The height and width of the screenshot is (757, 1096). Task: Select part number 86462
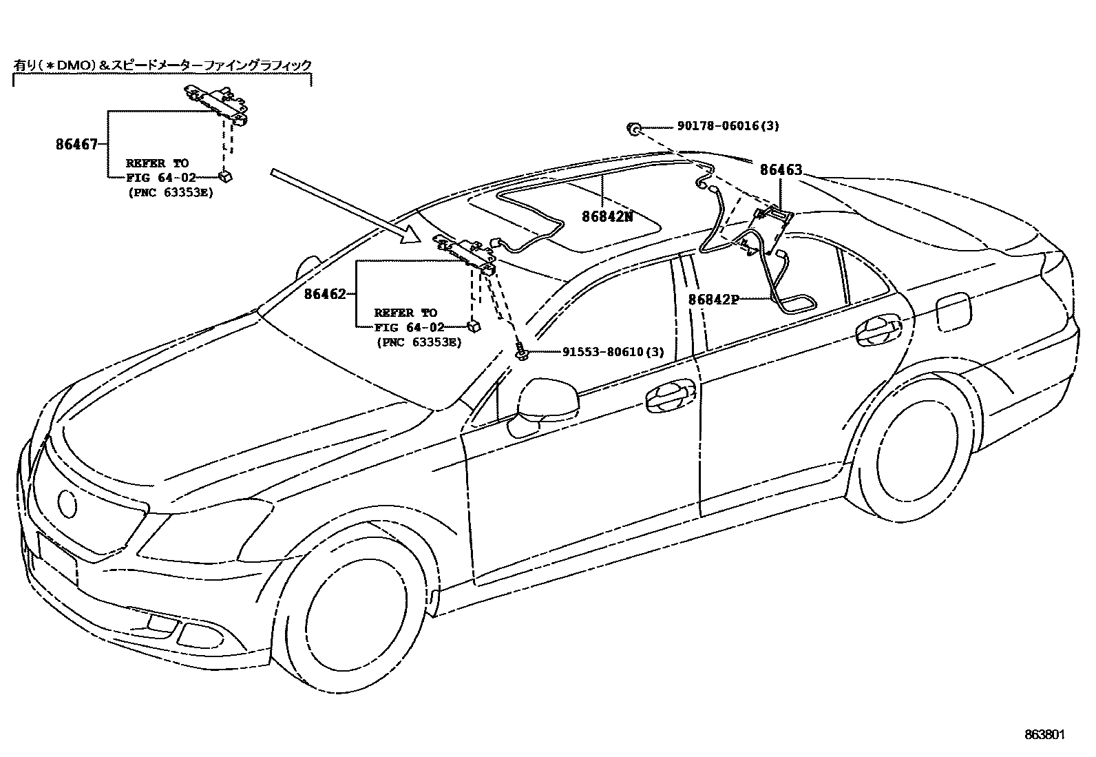coord(325,294)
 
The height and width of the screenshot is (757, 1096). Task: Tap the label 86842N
coord(607,216)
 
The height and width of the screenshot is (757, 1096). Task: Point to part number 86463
coord(781,170)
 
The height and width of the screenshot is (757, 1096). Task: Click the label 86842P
coord(714,300)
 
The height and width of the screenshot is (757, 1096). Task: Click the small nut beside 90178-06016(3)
coord(633,128)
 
